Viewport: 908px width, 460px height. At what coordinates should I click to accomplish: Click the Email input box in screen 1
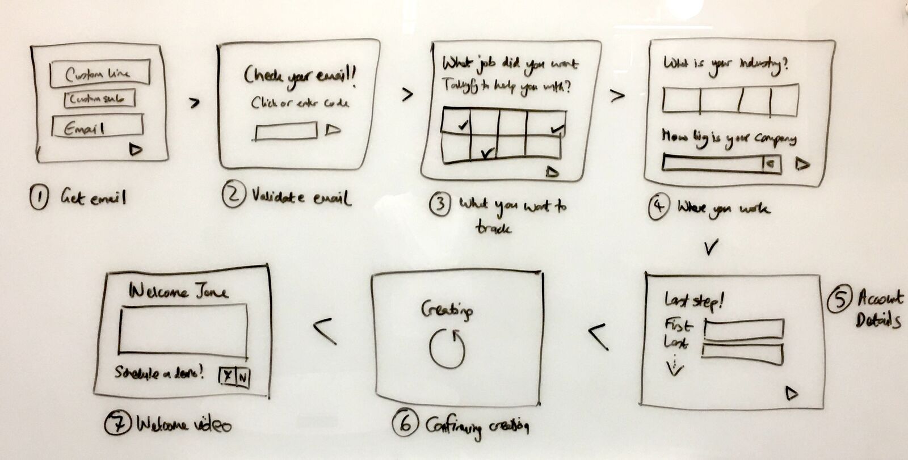coord(97,126)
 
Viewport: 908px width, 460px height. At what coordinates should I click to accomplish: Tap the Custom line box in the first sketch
coord(100,73)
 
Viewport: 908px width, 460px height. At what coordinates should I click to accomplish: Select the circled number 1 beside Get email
coord(39,199)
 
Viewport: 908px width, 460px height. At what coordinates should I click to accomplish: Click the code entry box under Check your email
coord(286,131)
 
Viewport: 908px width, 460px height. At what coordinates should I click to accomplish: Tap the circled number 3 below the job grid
coord(440,205)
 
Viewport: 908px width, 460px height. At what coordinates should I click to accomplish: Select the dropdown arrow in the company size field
coord(771,164)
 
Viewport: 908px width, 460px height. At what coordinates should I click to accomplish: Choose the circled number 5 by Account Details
coord(838,301)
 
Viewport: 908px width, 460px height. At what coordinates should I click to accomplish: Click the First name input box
coord(744,328)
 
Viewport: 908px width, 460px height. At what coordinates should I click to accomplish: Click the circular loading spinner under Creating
coord(447,348)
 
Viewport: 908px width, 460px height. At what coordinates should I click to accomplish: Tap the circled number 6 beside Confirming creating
coord(405,423)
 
